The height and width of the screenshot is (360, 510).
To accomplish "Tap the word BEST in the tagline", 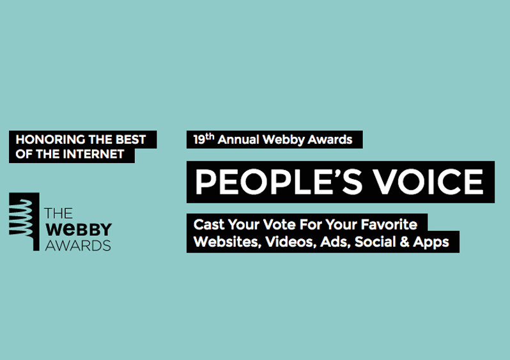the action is pyautogui.click(x=131, y=139).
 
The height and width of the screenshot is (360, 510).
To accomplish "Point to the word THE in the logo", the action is pyautogui.click(x=59, y=213).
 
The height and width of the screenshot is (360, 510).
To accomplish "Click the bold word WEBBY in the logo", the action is pyautogui.click(x=79, y=230).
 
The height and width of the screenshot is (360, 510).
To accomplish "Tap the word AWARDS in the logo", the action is pyautogui.click(x=78, y=246).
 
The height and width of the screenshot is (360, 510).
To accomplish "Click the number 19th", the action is pyautogui.click(x=204, y=139).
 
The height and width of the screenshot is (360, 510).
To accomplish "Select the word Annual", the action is pyautogui.click(x=238, y=139).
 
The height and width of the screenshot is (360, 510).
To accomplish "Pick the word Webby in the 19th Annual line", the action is pyautogui.click(x=283, y=140).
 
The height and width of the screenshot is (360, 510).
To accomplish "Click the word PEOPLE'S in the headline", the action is pyautogui.click(x=279, y=182).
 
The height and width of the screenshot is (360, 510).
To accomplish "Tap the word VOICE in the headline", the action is pyautogui.click(x=428, y=182).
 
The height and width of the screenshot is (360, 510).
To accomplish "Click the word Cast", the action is pyautogui.click(x=209, y=224).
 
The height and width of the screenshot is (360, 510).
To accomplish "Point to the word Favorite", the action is pyautogui.click(x=389, y=224).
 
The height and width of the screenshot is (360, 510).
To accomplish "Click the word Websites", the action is pyautogui.click(x=228, y=242).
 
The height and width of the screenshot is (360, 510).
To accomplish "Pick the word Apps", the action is pyautogui.click(x=431, y=242).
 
